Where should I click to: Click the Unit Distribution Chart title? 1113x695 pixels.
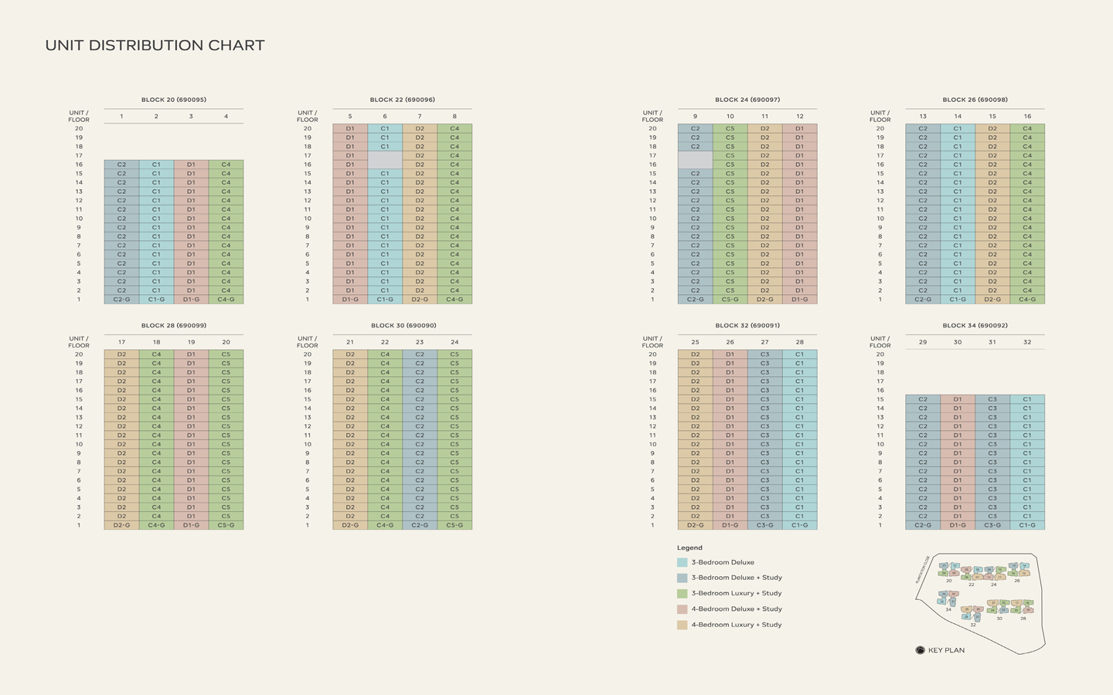coord(155,46)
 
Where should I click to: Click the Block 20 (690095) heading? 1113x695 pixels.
coord(174,100)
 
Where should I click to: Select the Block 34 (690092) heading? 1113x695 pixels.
coord(975,325)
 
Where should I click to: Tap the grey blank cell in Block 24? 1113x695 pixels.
coord(695,160)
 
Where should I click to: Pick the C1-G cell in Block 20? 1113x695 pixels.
coord(156,300)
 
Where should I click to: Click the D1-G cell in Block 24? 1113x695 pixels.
coord(799,300)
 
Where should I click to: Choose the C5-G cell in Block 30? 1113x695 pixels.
coord(454,525)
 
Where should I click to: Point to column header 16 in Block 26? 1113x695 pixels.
coord(1027,117)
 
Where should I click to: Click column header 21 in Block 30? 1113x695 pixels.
coord(350,342)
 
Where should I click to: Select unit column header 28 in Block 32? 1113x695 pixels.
coord(799,342)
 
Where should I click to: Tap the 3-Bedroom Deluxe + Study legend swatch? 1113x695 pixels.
coord(682,578)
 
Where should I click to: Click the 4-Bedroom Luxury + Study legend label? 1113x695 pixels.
coord(737,625)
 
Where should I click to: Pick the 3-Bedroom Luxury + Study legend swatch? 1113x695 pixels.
coord(682,593)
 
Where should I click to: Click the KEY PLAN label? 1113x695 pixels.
coord(946,650)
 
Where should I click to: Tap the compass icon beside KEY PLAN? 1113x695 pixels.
coord(920,650)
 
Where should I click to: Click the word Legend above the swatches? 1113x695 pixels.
coord(689,548)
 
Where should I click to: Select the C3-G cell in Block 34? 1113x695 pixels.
coord(992,525)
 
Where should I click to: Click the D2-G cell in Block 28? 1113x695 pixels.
coord(121,525)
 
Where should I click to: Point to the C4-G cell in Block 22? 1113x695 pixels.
coord(454,300)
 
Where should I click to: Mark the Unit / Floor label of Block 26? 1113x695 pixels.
coord(880,117)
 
